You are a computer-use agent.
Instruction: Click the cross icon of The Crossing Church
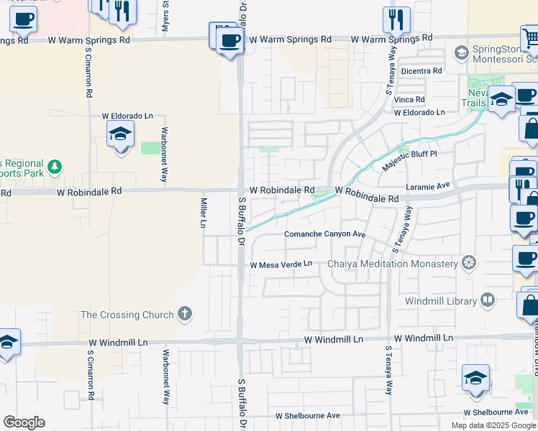point(185,314)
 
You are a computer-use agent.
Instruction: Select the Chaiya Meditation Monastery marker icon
point(469,264)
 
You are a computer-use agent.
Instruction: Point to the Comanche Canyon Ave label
point(325,235)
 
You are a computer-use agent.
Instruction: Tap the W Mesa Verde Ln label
point(281,264)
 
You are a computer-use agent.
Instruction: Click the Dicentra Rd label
point(421,71)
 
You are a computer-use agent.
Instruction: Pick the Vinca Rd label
point(409,100)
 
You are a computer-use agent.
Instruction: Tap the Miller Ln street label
point(204,212)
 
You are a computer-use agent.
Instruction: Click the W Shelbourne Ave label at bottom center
point(308,416)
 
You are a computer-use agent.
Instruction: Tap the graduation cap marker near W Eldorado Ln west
point(121,133)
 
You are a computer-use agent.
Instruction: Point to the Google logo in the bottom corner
point(24,422)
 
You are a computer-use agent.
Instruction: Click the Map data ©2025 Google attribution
point(493,425)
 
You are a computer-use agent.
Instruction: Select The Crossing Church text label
point(127,315)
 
